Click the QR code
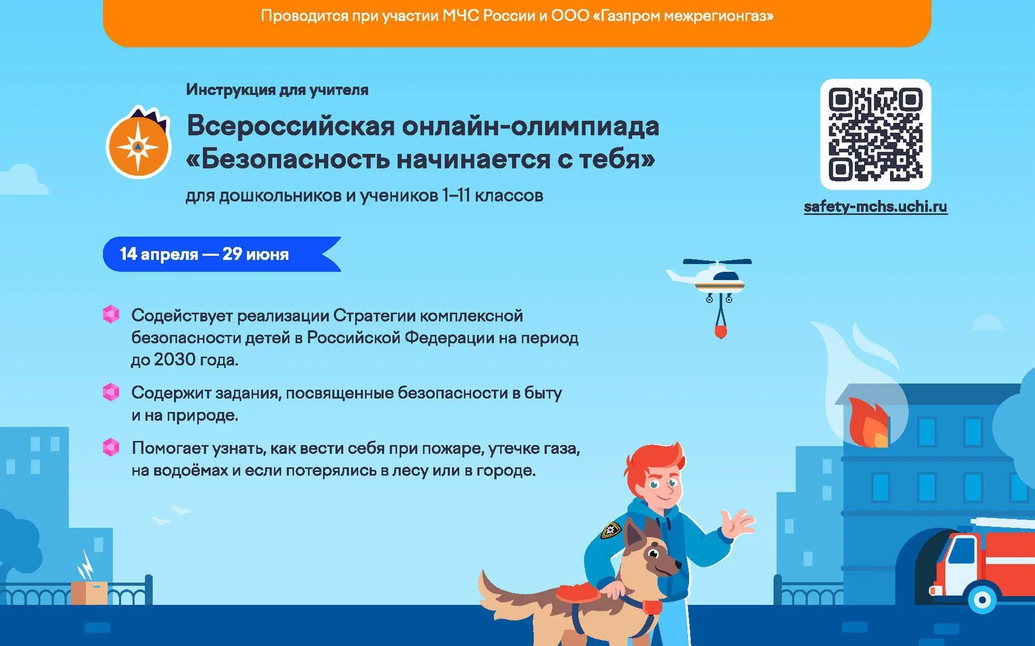pos(876,135)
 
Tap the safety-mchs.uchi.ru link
pos(875,207)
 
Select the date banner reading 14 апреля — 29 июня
pos(222,254)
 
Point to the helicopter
pos(709,277)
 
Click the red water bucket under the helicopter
pos(721,332)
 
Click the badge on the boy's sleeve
pos(611,529)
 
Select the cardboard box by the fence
pos(89,593)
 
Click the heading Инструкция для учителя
pos(277,90)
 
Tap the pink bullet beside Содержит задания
pos(111,392)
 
